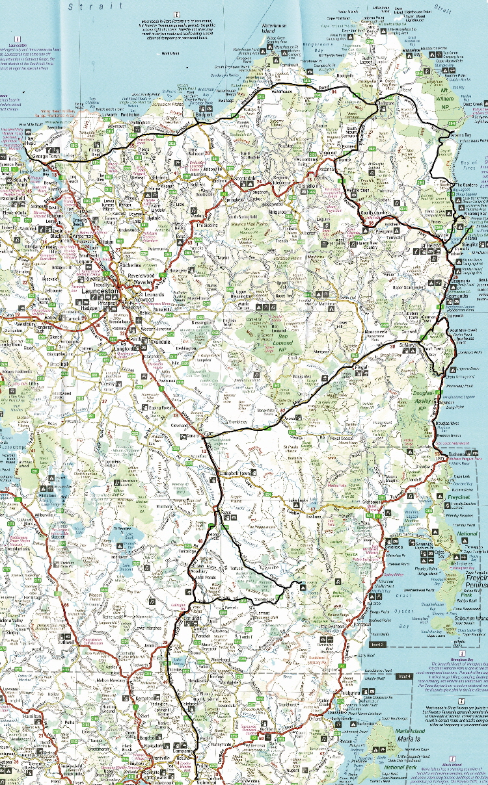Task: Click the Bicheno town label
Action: tap(458, 454)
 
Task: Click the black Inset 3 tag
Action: tap(378, 644)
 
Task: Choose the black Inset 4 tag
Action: tap(404, 676)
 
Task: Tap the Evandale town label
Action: tap(159, 340)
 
